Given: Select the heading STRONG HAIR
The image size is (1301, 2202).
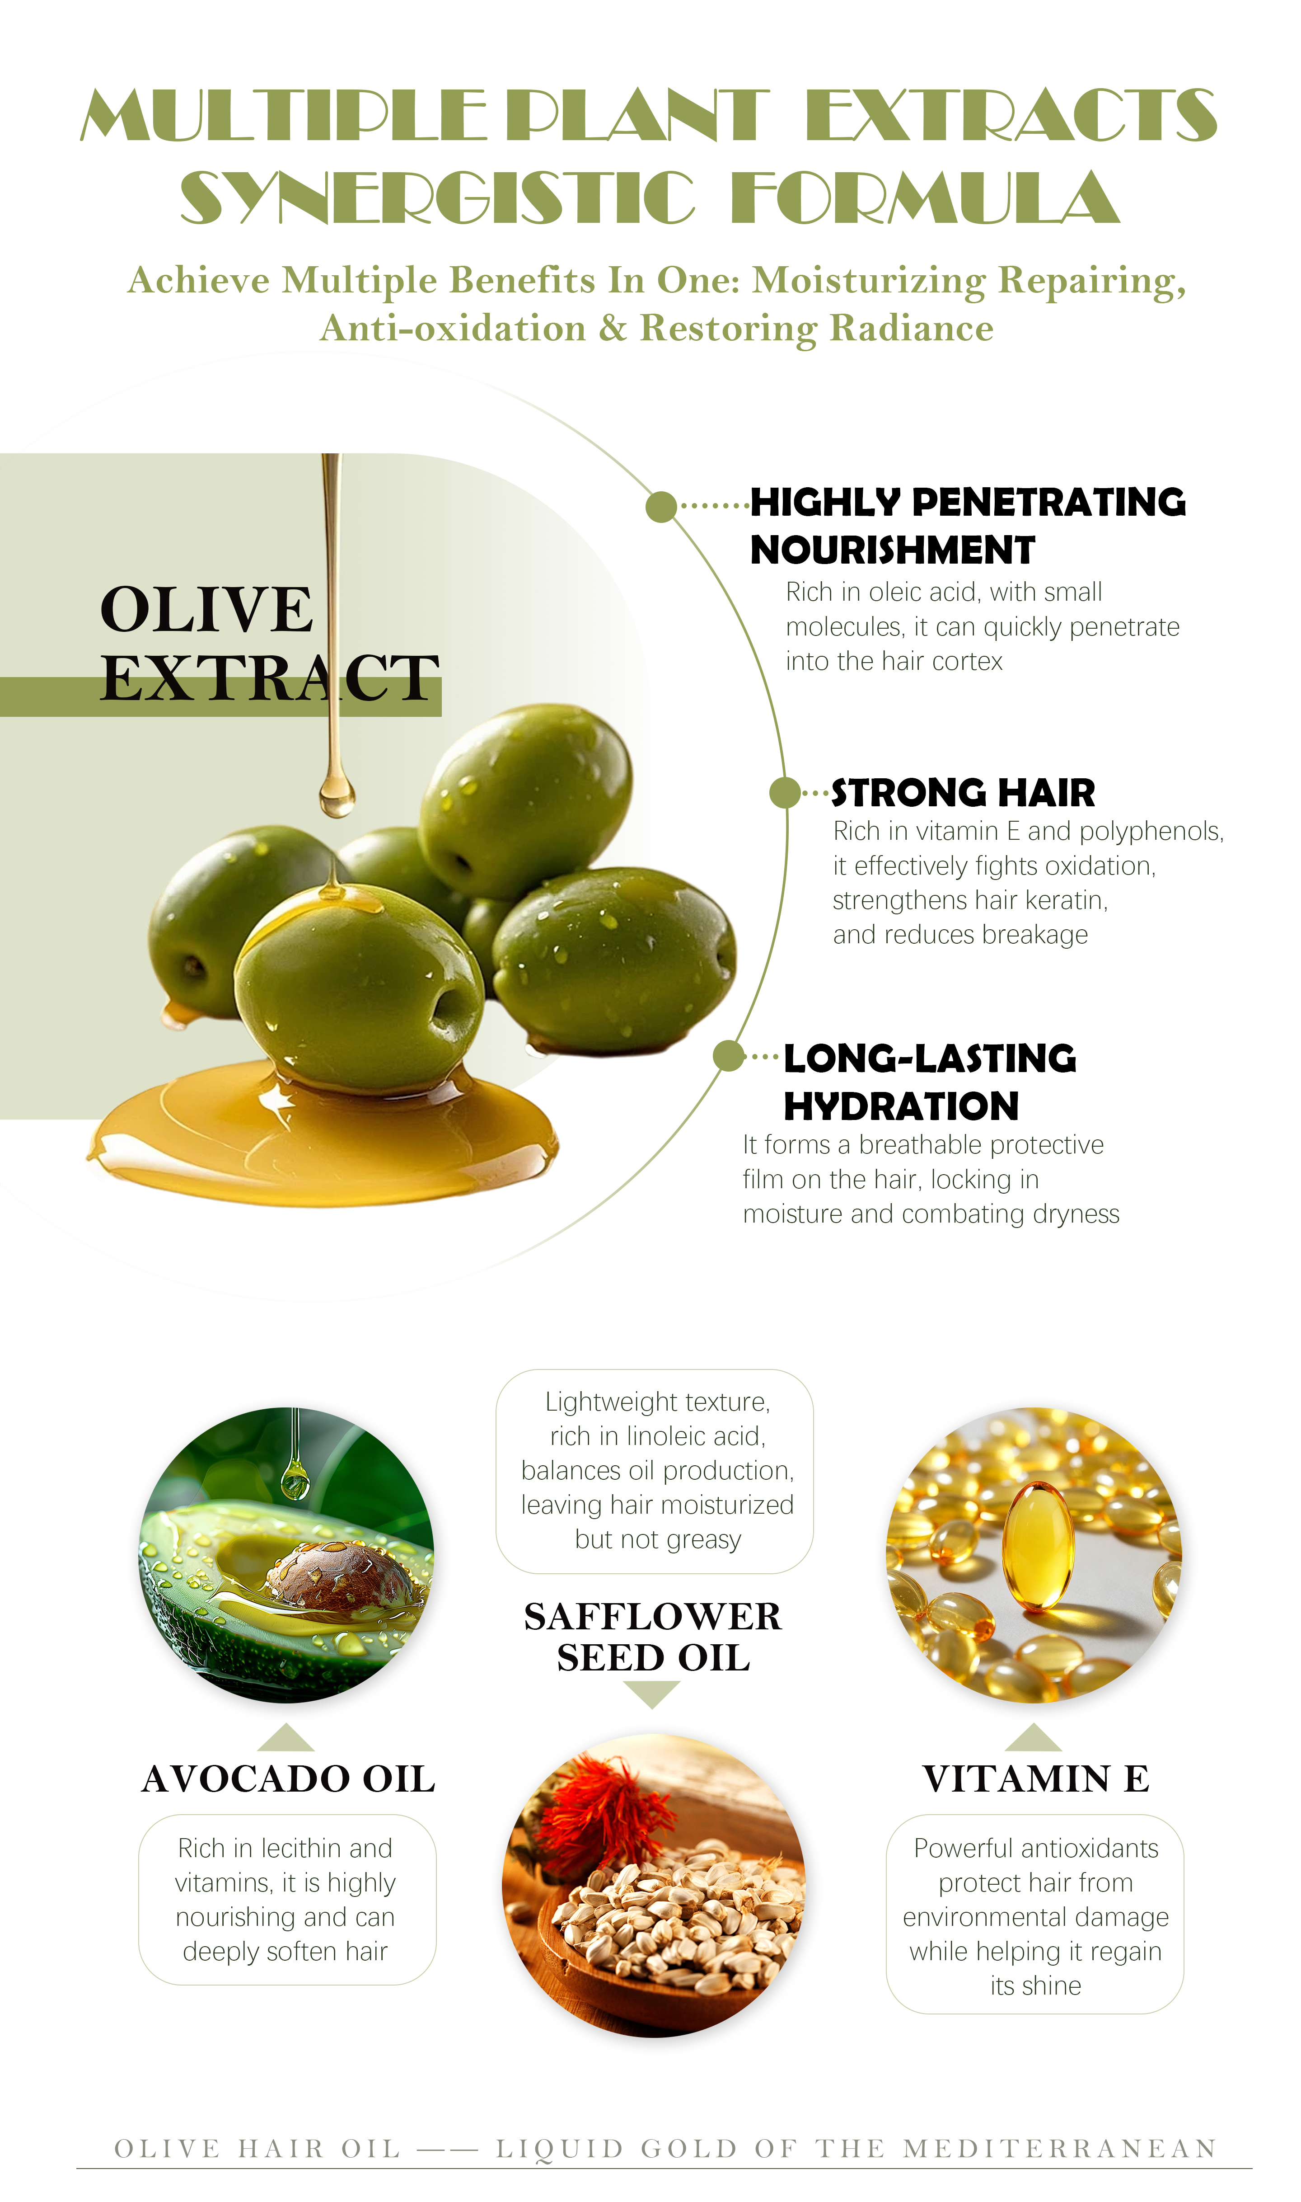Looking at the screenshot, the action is (963, 793).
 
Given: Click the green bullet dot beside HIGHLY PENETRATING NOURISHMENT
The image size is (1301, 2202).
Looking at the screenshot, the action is (661, 506).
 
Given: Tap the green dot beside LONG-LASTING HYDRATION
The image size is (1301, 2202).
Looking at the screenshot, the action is (729, 1056).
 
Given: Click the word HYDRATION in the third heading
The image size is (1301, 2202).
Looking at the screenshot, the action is (901, 1107).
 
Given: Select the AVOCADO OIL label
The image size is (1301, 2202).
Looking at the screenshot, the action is (288, 1779).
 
